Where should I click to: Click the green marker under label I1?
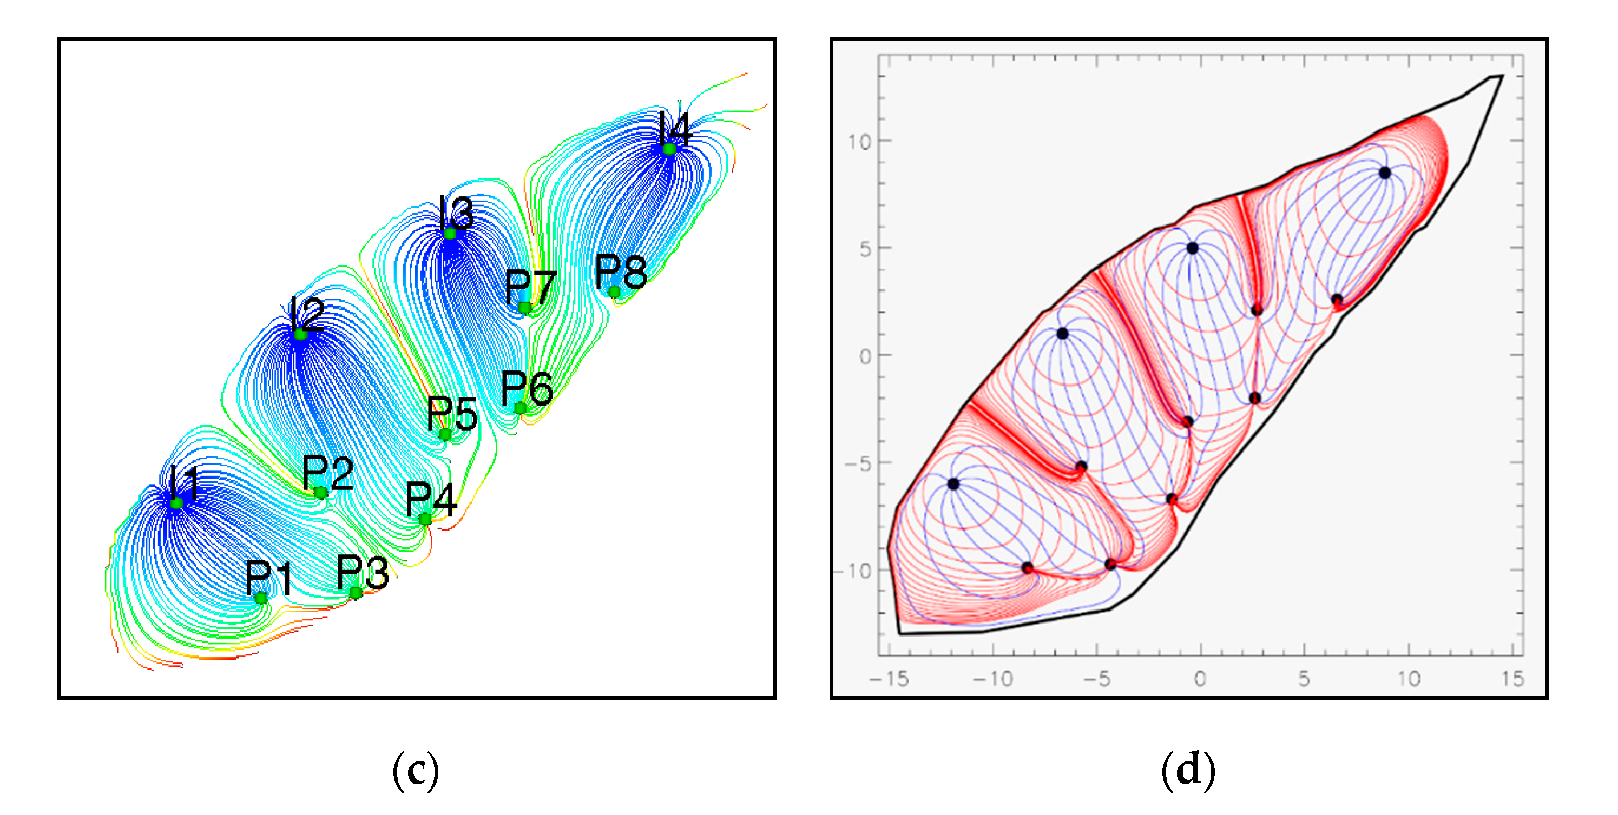click(176, 503)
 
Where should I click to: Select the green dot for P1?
click(261, 598)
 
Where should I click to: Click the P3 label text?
click(363, 572)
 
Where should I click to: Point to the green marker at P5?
click(445, 434)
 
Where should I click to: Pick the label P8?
click(621, 271)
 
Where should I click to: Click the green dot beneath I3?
click(450, 234)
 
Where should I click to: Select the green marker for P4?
click(425, 519)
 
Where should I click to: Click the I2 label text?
click(306, 314)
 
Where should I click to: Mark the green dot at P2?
click(320, 492)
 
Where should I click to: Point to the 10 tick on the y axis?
click(859, 142)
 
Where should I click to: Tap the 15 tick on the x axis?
click(1512, 679)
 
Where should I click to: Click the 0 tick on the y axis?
click(865, 356)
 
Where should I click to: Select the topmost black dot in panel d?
click(1384, 173)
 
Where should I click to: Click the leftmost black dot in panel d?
click(953, 483)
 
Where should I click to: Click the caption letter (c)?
click(415, 771)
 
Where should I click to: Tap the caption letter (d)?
click(1188, 771)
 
